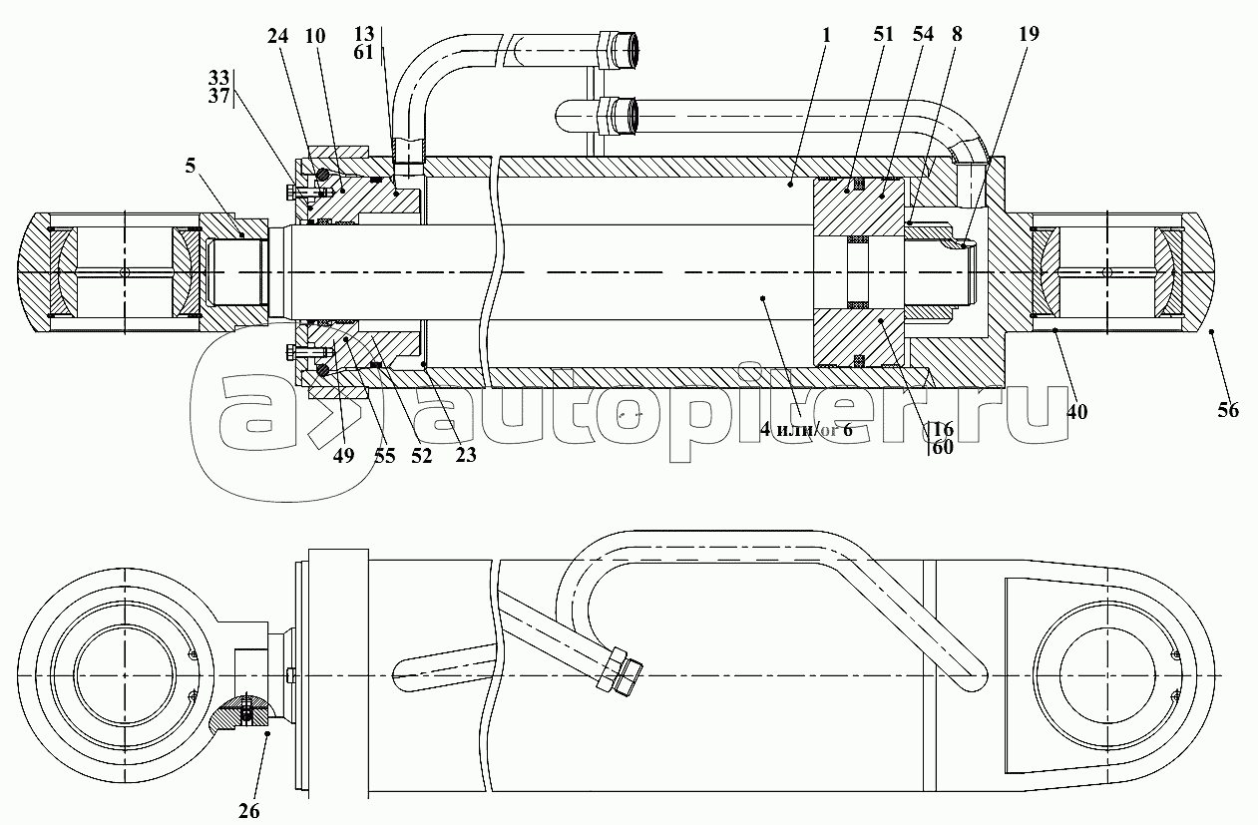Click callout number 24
[277, 37]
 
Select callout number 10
[315, 37]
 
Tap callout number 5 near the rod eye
[191, 166]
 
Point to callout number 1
[826, 35]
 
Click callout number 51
[883, 34]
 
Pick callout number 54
[923, 34]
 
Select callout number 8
[957, 34]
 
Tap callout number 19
[1029, 34]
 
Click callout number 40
[1076, 412]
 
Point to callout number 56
[1228, 411]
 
